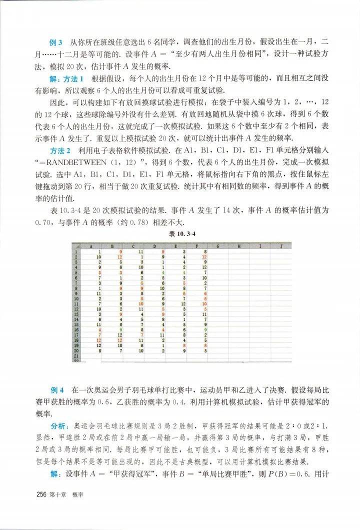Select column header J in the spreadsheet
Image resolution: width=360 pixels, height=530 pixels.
282,246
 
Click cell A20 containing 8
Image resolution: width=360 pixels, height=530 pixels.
100,351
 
